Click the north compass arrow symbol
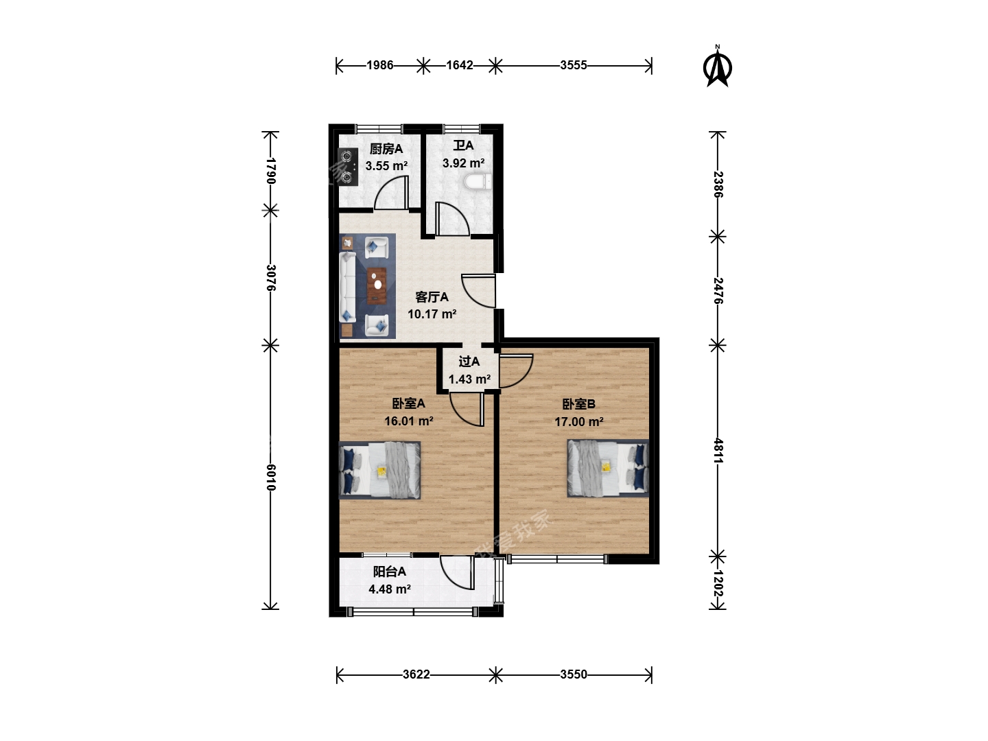click(717, 67)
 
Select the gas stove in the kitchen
click(348, 167)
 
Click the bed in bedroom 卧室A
click(379, 470)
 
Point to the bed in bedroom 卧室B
click(608, 469)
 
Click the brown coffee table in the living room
click(377, 285)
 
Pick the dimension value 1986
click(380, 66)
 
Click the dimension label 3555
click(574, 66)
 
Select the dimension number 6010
click(270, 477)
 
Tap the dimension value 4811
click(718, 451)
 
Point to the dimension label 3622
click(416, 674)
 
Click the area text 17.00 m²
click(579, 421)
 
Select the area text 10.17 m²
click(432, 314)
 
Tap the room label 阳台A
click(389, 572)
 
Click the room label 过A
click(469, 362)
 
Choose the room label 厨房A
click(386, 148)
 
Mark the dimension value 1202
click(718, 583)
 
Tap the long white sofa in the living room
click(347, 287)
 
